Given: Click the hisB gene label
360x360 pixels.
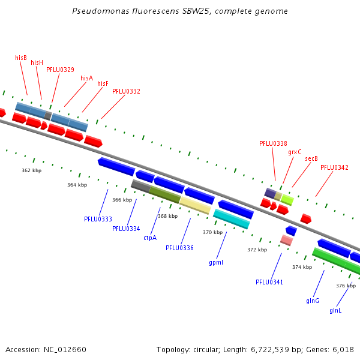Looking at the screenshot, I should (x=21, y=58).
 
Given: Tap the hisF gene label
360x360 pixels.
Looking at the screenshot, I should (x=103, y=83).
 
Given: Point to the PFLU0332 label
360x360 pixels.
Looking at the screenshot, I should (x=126, y=91).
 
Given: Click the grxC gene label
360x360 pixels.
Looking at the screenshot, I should (x=295, y=152).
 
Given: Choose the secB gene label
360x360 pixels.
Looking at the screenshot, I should (x=311, y=158).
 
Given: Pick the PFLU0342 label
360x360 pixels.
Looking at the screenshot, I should (x=334, y=167).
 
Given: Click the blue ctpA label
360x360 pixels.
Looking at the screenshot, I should (x=150, y=238).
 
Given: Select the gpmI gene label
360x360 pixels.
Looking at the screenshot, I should (x=216, y=262).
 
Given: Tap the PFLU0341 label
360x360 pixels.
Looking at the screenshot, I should (x=269, y=282).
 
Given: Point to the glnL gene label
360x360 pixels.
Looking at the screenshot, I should (x=335, y=310).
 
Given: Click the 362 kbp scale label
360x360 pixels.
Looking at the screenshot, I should (x=32, y=170).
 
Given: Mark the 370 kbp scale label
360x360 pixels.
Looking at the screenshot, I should (x=212, y=232).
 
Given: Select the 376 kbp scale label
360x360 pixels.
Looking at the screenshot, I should (x=346, y=286).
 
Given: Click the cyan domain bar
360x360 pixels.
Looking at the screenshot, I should (x=232, y=219).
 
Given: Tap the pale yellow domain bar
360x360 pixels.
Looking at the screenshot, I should (x=195, y=205).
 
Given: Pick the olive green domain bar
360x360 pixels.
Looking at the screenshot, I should (x=165, y=194).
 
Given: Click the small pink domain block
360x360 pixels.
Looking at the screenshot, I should (x=287, y=240).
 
